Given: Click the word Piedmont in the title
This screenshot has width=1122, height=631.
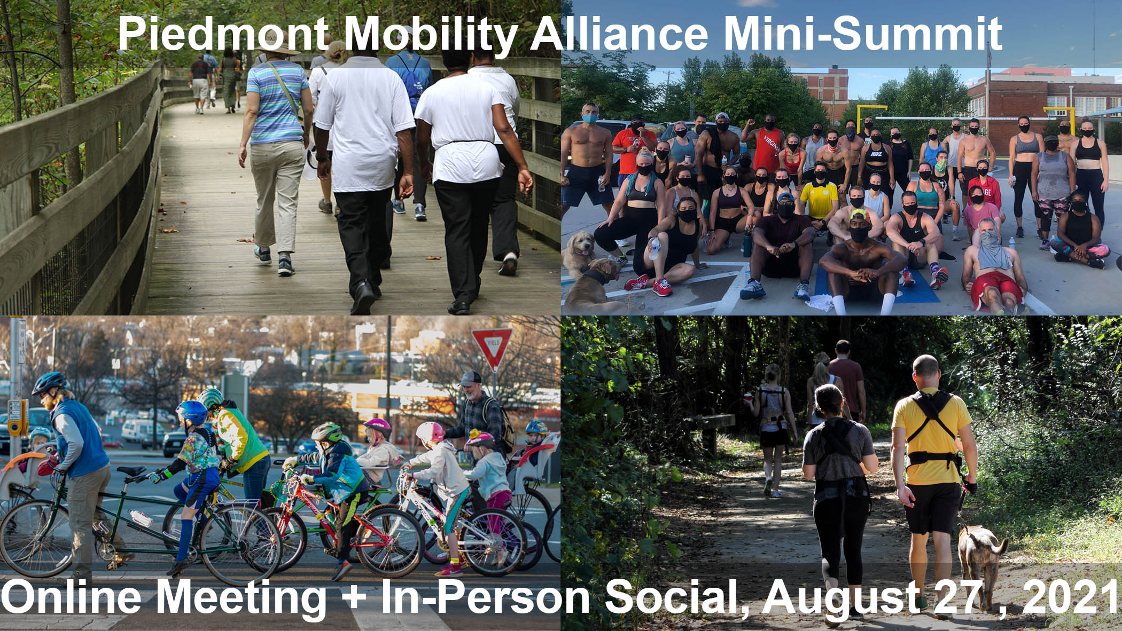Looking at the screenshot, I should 223,33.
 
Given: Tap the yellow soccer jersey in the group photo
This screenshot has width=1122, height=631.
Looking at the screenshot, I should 819,200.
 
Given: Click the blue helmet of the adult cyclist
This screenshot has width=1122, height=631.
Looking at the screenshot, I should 49,382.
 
